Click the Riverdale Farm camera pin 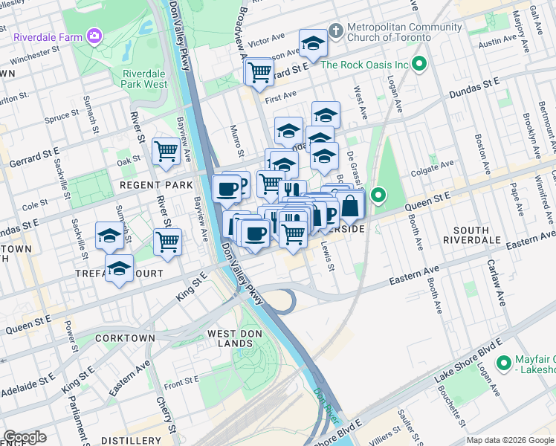point(94,35)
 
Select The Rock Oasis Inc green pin point(419,65)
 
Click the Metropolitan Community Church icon point(336,31)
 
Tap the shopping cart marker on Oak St point(167,150)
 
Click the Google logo point(25,437)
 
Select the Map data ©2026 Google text point(509,440)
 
